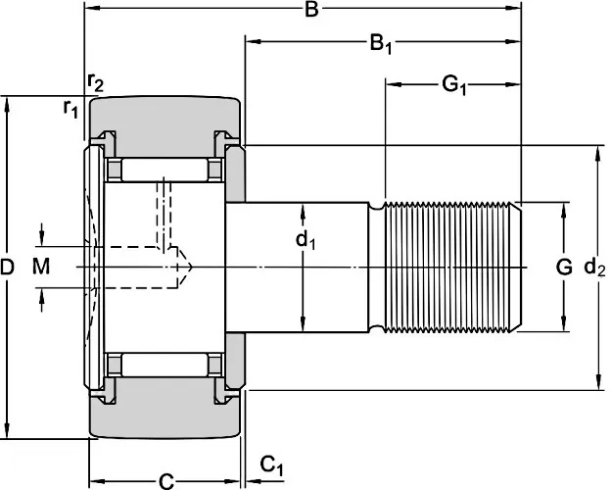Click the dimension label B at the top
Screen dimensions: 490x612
[310, 11]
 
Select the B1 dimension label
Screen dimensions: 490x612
[380, 44]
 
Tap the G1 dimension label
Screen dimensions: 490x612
[452, 85]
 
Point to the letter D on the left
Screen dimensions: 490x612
[9, 267]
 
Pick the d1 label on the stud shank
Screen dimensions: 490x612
[306, 238]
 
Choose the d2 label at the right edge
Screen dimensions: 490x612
[593, 266]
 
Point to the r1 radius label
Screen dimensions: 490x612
[71, 109]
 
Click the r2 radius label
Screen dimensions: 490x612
[95, 82]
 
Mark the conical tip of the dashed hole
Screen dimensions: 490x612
[183, 266]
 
